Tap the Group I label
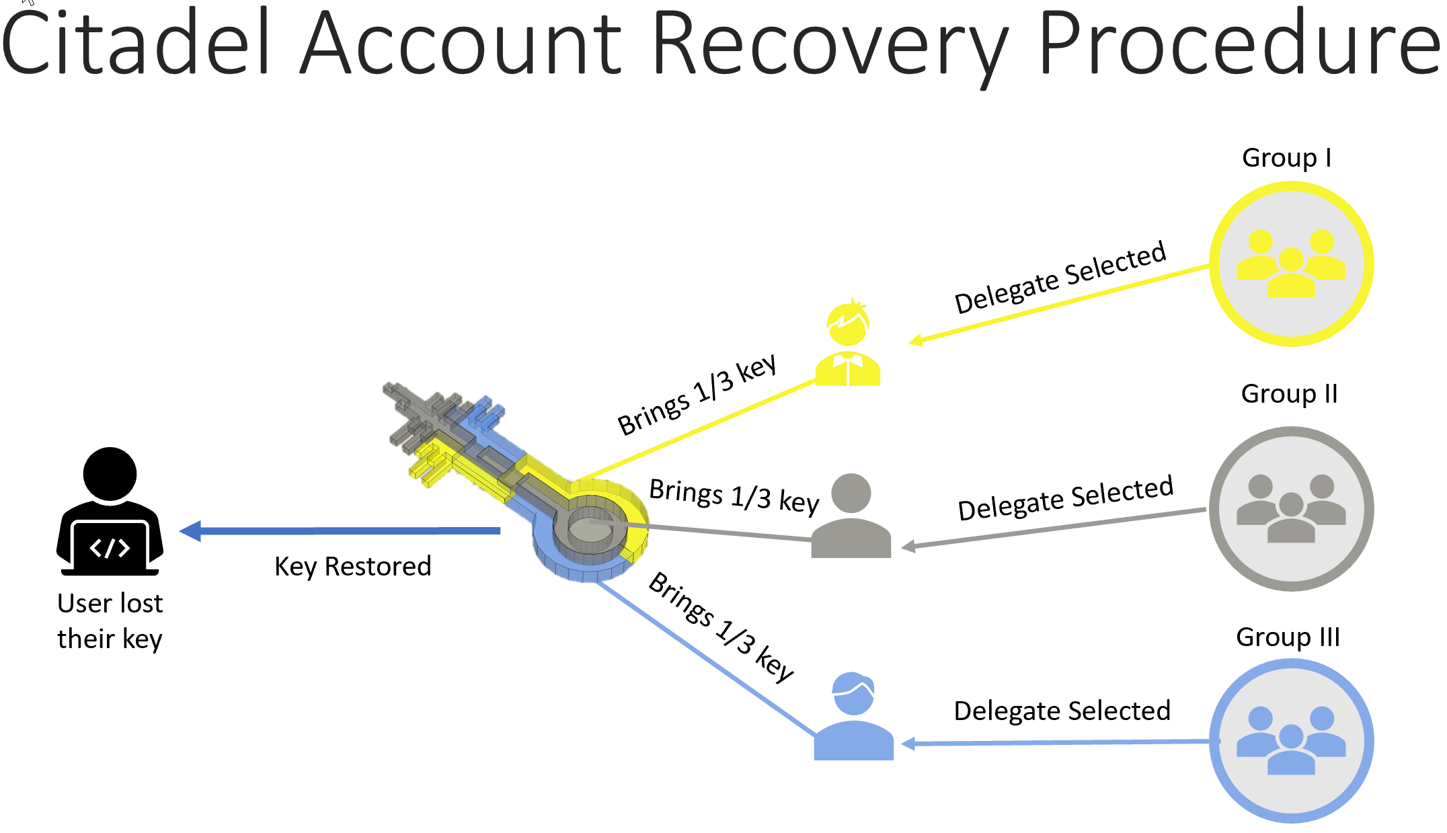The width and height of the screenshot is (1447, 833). point(1286,158)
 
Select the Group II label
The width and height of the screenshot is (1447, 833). point(1289,394)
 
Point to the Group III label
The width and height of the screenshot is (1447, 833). point(1288,637)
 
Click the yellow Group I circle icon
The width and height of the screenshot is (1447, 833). point(1291,264)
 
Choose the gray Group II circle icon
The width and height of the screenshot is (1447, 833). point(1291,509)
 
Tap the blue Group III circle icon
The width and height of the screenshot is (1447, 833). point(1291,741)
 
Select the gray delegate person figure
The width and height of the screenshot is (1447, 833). point(851,516)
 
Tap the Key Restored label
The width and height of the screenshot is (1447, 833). point(352,567)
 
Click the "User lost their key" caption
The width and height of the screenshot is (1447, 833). point(110,621)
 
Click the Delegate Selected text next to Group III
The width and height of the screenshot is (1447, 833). point(1062,711)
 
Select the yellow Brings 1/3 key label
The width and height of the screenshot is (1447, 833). point(697,395)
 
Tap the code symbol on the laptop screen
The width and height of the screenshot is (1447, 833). point(110,548)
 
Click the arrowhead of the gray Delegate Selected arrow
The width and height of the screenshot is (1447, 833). point(908,547)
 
